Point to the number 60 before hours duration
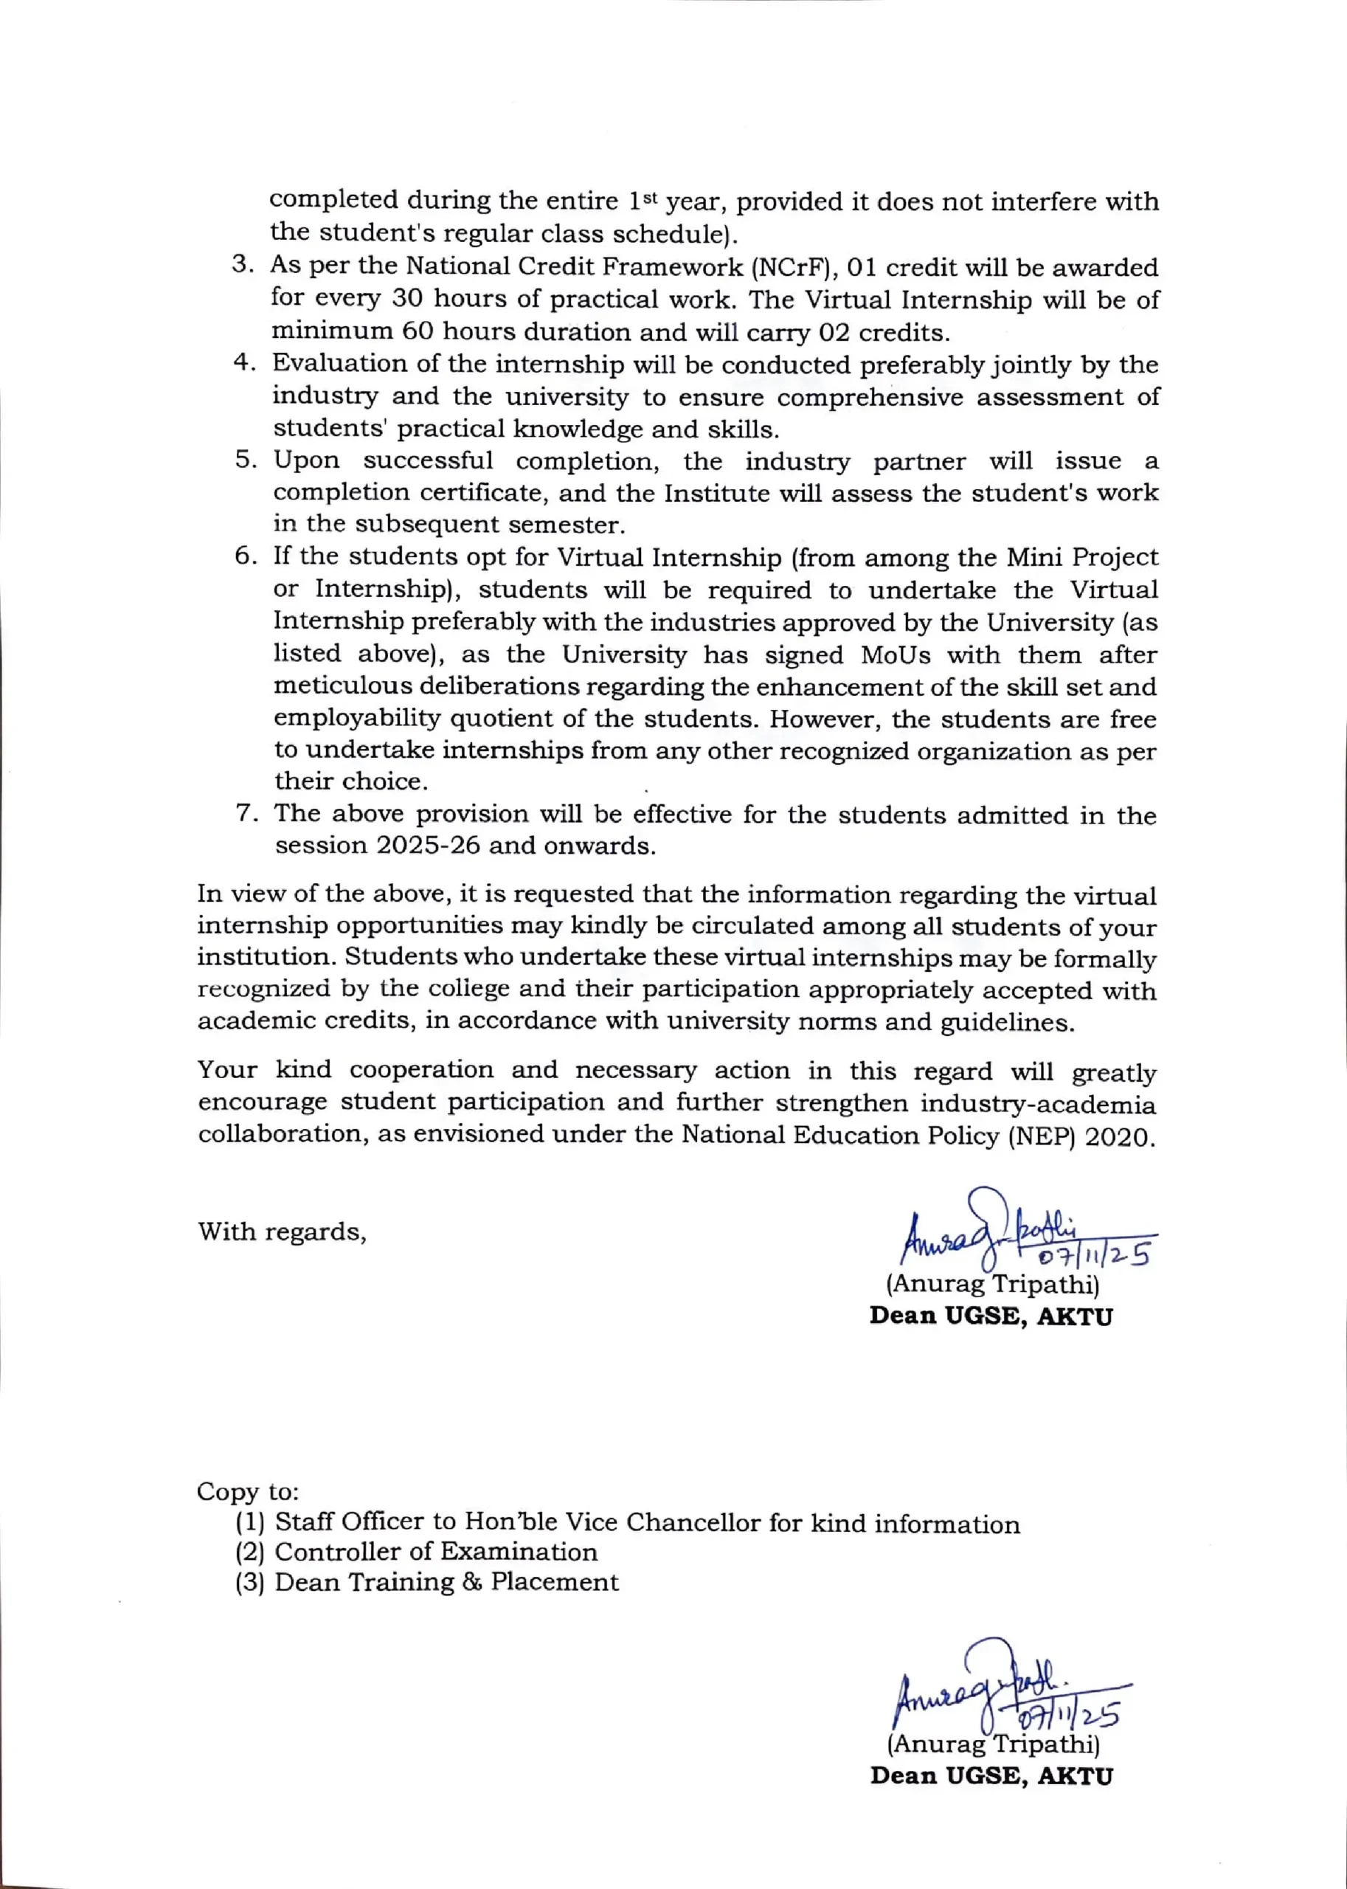click(x=418, y=331)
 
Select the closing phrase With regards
click(x=282, y=1232)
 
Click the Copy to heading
click(x=247, y=1491)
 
